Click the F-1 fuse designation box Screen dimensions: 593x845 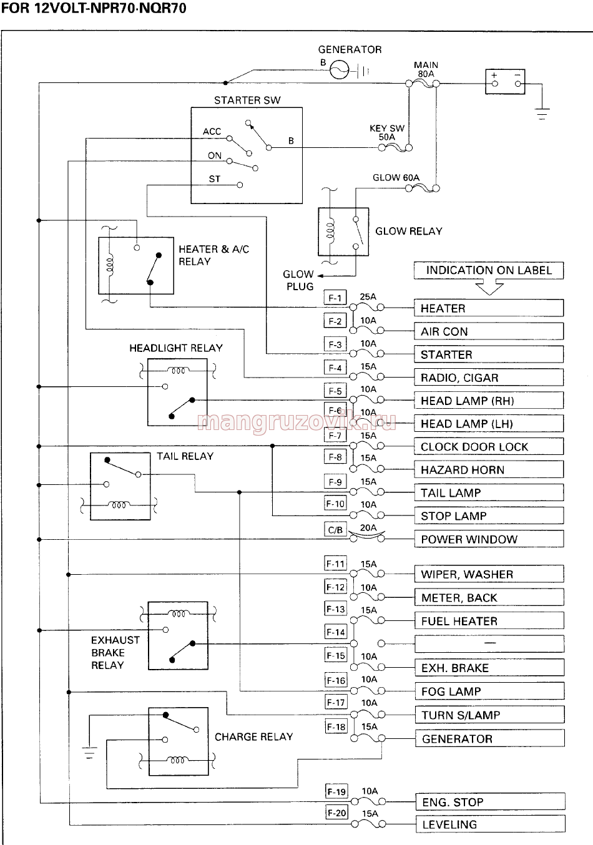pos(335,298)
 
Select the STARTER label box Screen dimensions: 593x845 pos(489,354)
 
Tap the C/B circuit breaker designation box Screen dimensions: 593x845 pos(335,530)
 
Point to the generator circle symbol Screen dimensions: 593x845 pos(340,70)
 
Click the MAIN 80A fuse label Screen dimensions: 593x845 pos(426,69)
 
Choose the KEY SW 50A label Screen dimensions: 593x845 pos(387,132)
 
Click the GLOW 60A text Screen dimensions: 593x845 pos(396,177)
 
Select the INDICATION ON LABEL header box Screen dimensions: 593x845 pos(489,270)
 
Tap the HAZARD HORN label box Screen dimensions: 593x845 pos(489,470)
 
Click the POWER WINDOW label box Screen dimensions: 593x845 pos(489,539)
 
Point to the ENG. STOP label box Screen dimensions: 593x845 pos(491,801)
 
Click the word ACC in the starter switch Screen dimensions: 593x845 pos(212,132)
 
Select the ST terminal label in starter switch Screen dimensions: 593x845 pos(215,179)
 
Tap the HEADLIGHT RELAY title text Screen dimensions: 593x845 pos(176,348)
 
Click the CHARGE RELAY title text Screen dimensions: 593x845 pos(254,737)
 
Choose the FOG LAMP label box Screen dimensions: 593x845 pos(489,691)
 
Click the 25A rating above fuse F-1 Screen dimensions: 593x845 pos(368,297)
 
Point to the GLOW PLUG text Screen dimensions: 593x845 pos(299,280)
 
